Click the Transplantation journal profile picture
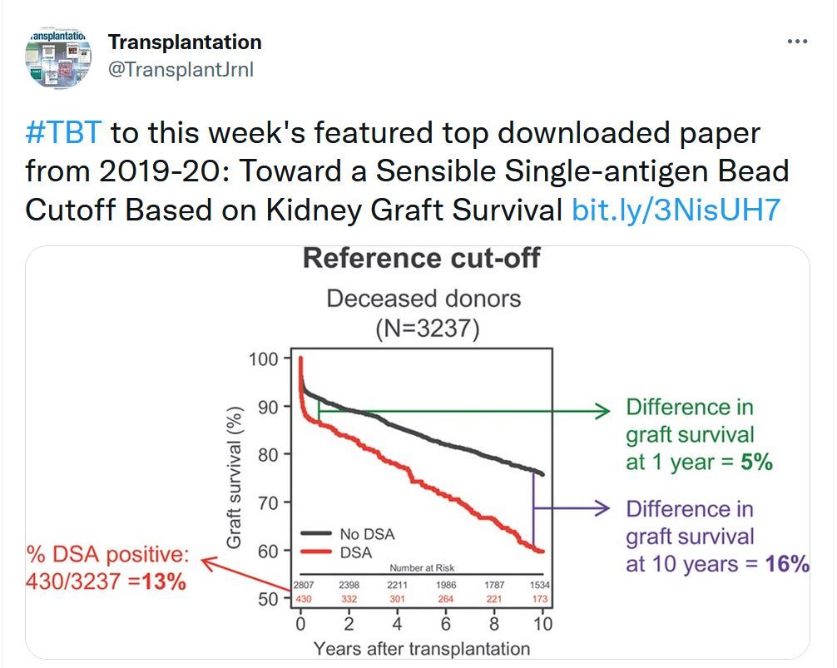pos(58,58)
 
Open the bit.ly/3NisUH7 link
pos(676,210)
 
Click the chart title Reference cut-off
pos(421,258)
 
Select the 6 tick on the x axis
pos(445,623)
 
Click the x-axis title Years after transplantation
pos(421,649)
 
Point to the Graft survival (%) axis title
pos(235,477)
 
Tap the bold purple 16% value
pos(788,564)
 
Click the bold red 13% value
pos(163,581)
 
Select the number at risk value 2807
pos(302,585)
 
